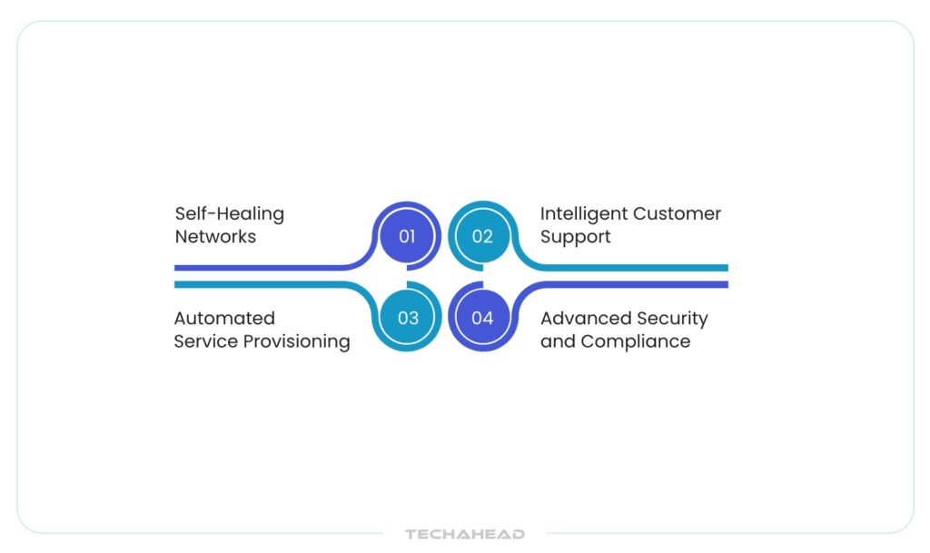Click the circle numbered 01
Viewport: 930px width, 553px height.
pyautogui.click(x=407, y=236)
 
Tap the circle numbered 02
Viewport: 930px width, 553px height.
pyautogui.click(x=483, y=236)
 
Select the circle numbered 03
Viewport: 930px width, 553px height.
pyautogui.click(x=408, y=317)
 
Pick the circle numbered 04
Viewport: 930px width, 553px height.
pyautogui.click(x=483, y=317)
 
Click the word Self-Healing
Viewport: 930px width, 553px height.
pyautogui.click(x=230, y=214)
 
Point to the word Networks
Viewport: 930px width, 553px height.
pyautogui.click(x=215, y=236)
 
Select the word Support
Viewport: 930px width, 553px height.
pyautogui.click(x=575, y=237)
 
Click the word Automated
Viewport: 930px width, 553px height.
pyautogui.click(x=224, y=319)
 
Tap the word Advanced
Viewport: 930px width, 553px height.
pyautogui.click(x=582, y=319)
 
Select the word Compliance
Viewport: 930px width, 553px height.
pyautogui.click(x=635, y=342)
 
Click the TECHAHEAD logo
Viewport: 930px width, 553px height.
pyautogui.click(x=465, y=534)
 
